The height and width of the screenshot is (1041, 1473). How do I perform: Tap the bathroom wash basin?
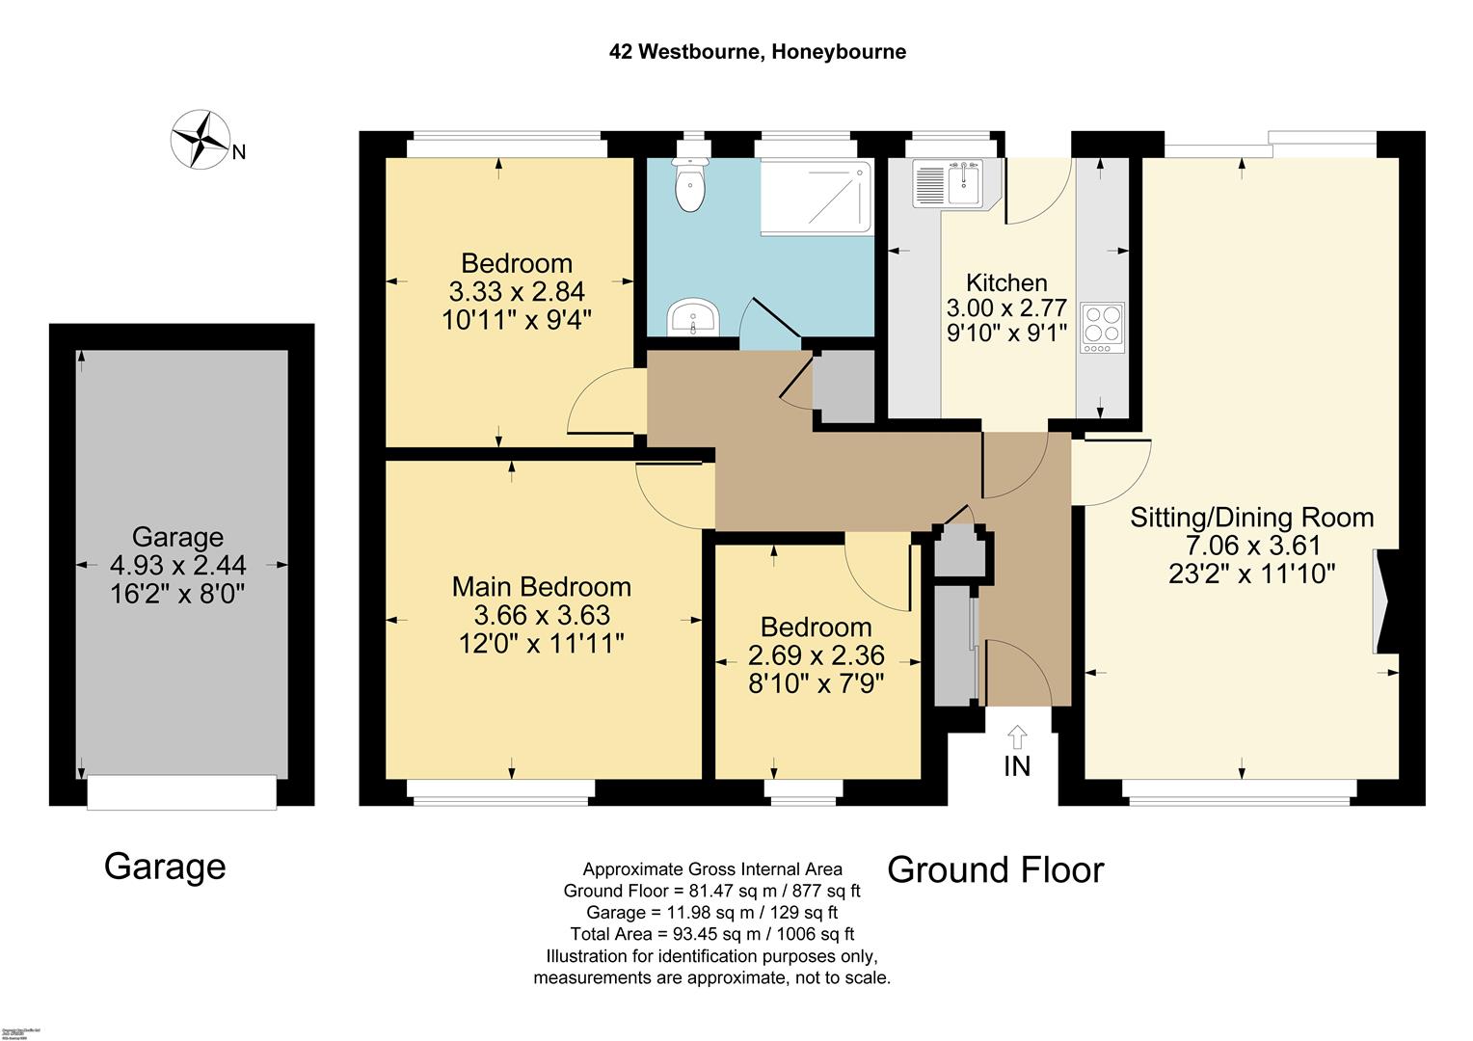(x=693, y=318)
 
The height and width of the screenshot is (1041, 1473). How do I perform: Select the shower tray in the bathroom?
(x=817, y=197)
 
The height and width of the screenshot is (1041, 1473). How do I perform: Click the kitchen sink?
(x=951, y=183)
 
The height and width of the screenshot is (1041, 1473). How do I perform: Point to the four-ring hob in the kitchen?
(x=1102, y=325)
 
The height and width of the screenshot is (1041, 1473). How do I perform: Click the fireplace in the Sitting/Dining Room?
(x=1385, y=601)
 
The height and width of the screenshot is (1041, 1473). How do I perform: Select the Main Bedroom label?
(x=542, y=586)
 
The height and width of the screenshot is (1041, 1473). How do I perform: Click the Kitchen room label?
(x=1006, y=282)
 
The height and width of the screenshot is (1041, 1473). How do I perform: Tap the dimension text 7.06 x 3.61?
(x=1251, y=546)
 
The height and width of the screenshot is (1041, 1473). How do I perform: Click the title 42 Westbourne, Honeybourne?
(x=757, y=52)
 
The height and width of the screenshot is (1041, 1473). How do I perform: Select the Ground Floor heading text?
(x=995, y=869)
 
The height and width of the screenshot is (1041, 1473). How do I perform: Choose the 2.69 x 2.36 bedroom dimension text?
(x=816, y=656)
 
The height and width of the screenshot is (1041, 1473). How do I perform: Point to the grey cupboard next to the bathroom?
(x=844, y=387)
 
